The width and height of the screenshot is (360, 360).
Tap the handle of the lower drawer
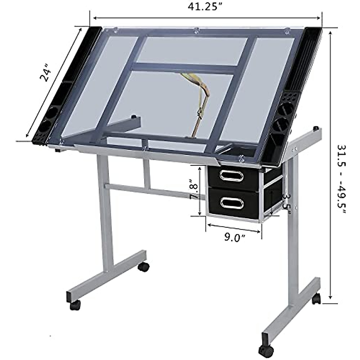tap(231, 203)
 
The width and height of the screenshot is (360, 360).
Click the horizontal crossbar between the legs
tap(150, 191)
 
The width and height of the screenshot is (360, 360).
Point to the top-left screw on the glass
tap(115, 29)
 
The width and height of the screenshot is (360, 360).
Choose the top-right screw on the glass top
tap(287, 30)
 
